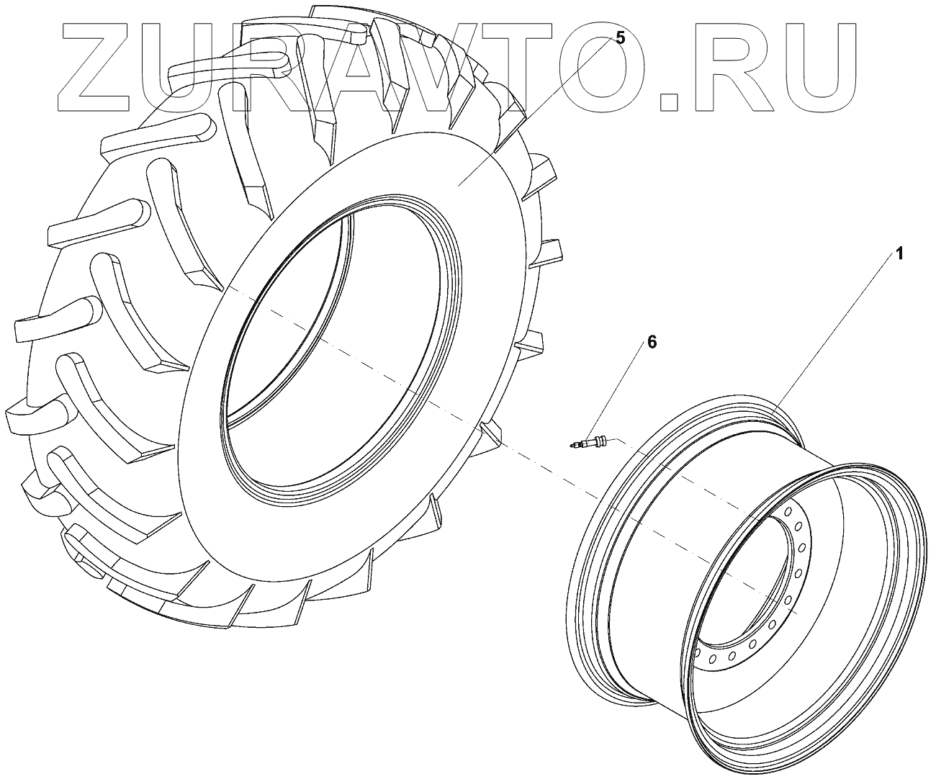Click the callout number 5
[x=619, y=37]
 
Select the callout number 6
[x=652, y=342]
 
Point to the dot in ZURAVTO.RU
[x=670, y=102]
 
